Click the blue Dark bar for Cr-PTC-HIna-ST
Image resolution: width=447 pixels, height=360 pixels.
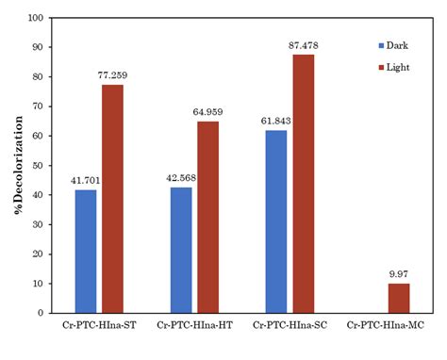[x=86, y=251]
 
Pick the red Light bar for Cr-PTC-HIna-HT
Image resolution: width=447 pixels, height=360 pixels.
[x=207, y=217]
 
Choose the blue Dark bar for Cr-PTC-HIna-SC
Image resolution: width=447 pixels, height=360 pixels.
[x=275, y=221]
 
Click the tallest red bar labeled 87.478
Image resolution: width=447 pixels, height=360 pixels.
[x=303, y=183]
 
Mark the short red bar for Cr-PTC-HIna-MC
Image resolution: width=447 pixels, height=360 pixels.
[x=398, y=298]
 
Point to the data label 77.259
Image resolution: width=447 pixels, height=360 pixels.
[x=112, y=76]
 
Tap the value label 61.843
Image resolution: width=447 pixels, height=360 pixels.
[x=274, y=122]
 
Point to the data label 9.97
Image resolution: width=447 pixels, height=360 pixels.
[x=398, y=274]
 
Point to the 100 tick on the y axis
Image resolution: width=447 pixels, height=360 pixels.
[x=36, y=18]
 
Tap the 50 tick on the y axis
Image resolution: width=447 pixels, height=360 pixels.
[x=38, y=165]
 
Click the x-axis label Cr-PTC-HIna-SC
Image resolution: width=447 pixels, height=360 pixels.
[x=290, y=325]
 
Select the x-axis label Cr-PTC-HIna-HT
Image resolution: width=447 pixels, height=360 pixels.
[x=194, y=325]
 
